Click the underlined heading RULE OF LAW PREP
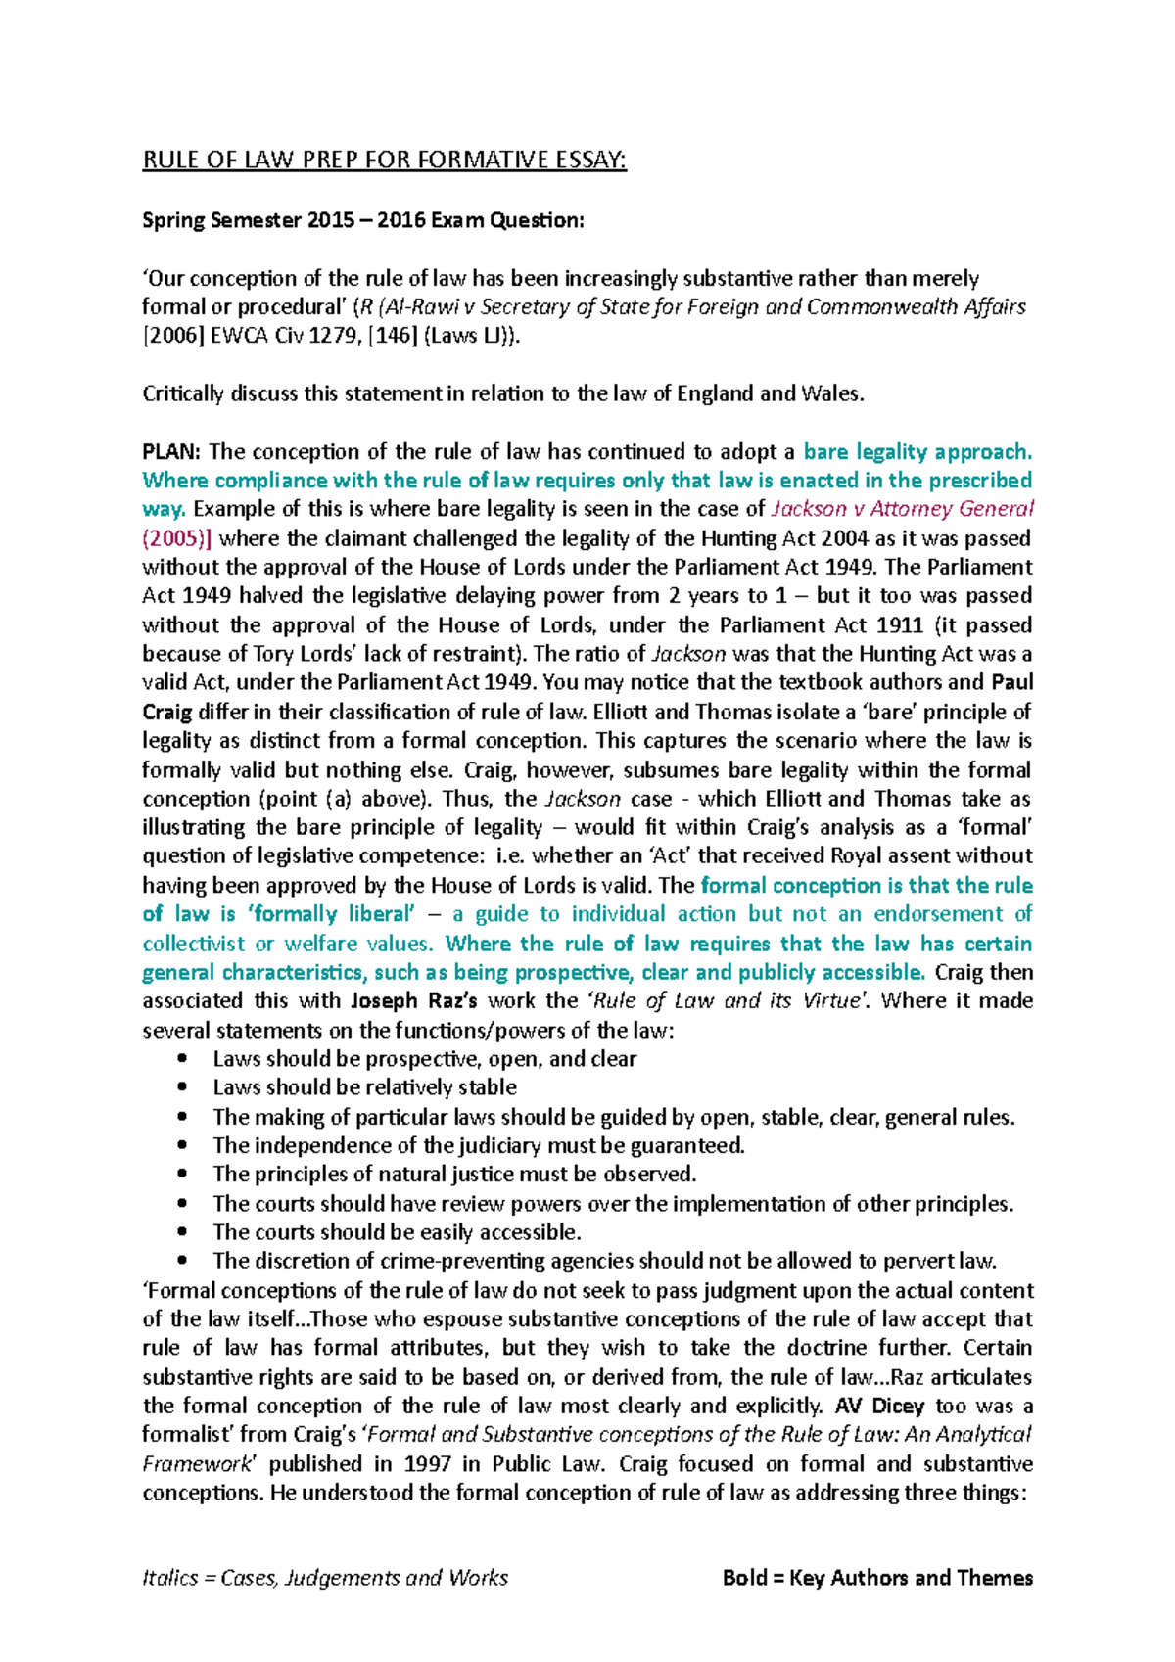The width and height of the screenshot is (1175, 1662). (384, 161)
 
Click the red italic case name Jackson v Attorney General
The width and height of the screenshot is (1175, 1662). (902, 509)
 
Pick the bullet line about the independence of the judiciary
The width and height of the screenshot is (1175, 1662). (479, 1145)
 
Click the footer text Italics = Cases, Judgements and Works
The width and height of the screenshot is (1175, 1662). (325, 1578)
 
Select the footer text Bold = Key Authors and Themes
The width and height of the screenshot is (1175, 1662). (877, 1578)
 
